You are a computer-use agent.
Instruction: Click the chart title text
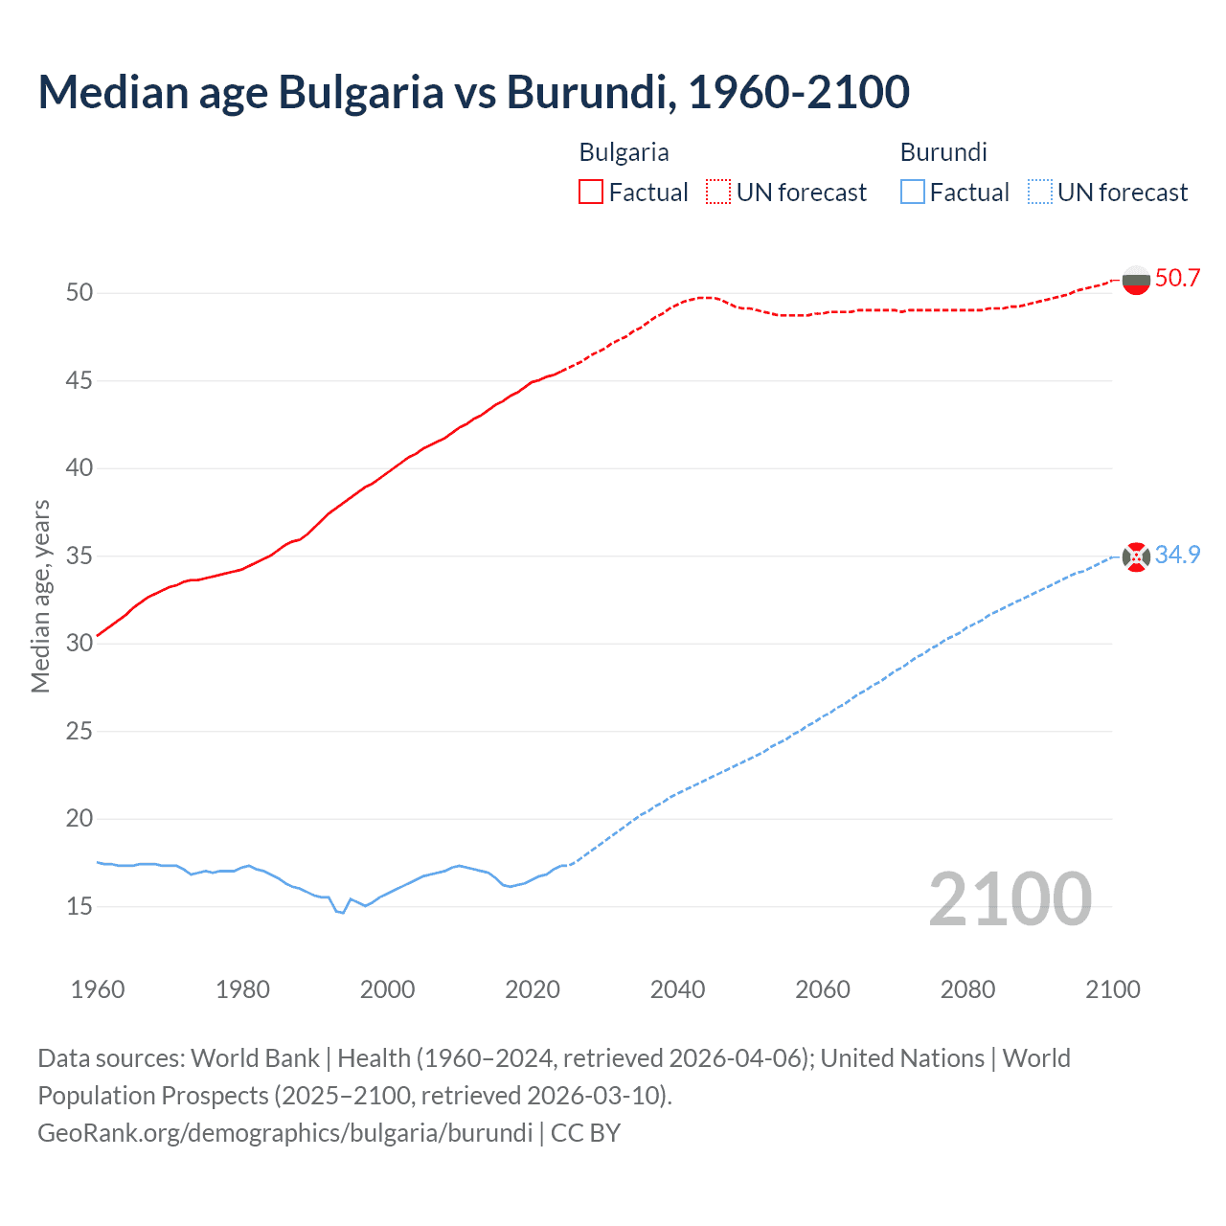point(473,92)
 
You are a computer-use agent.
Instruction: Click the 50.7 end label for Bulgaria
point(1177,279)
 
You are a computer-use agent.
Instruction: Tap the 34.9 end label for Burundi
point(1177,556)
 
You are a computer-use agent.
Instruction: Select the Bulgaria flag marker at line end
point(1136,281)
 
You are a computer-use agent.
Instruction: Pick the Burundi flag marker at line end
point(1136,556)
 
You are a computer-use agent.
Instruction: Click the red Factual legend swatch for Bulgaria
point(591,192)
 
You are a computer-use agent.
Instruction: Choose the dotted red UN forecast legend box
point(718,192)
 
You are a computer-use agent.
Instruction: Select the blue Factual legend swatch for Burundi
point(912,192)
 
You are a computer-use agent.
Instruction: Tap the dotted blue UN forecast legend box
point(1039,192)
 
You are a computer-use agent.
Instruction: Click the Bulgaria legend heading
point(624,152)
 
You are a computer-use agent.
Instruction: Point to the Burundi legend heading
point(943,152)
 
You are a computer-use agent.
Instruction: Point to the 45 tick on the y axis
point(79,380)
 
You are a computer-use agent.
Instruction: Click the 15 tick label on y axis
point(79,906)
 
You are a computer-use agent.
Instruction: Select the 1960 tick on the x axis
point(98,989)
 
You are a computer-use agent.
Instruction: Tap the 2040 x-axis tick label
point(677,989)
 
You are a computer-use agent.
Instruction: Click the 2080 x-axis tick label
point(967,989)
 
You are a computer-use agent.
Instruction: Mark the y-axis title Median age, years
point(40,596)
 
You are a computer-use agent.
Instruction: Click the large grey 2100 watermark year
point(1010,898)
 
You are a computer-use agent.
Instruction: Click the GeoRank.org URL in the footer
point(284,1133)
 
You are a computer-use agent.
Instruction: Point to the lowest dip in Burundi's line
point(342,912)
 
